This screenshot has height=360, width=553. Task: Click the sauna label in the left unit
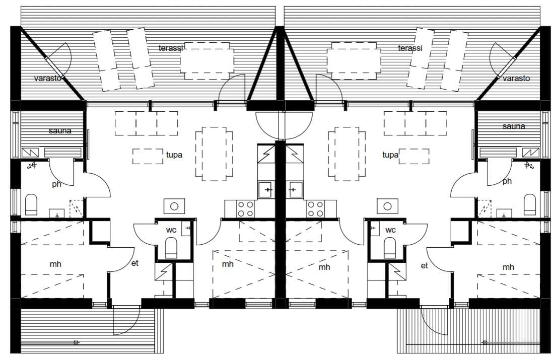[60, 131]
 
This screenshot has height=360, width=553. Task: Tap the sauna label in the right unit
[514, 126]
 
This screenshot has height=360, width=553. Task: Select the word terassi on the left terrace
[171, 48]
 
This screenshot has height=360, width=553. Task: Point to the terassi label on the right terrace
[410, 48]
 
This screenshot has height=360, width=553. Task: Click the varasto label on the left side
[48, 78]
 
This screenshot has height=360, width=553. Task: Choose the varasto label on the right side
[516, 78]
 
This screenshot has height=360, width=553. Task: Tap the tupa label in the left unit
[174, 155]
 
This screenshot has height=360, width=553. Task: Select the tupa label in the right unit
[390, 155]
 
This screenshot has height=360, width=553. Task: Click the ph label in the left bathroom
[56, 184]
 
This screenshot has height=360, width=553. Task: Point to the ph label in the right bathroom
[507, 181]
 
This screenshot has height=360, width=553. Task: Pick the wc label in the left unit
[171, 230]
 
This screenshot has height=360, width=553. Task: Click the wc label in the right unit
[390, 230]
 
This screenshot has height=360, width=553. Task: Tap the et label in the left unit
[134, 263]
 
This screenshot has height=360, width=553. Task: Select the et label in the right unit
[424, 265]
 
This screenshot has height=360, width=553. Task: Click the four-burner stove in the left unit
[245, 209]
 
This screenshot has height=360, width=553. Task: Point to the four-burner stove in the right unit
[315, 209]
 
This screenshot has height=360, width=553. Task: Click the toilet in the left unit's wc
[171, 248]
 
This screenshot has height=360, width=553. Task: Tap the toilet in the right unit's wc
[390, 248]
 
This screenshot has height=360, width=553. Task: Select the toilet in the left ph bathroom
[31, 204]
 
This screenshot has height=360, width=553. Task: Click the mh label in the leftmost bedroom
[55, 264]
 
